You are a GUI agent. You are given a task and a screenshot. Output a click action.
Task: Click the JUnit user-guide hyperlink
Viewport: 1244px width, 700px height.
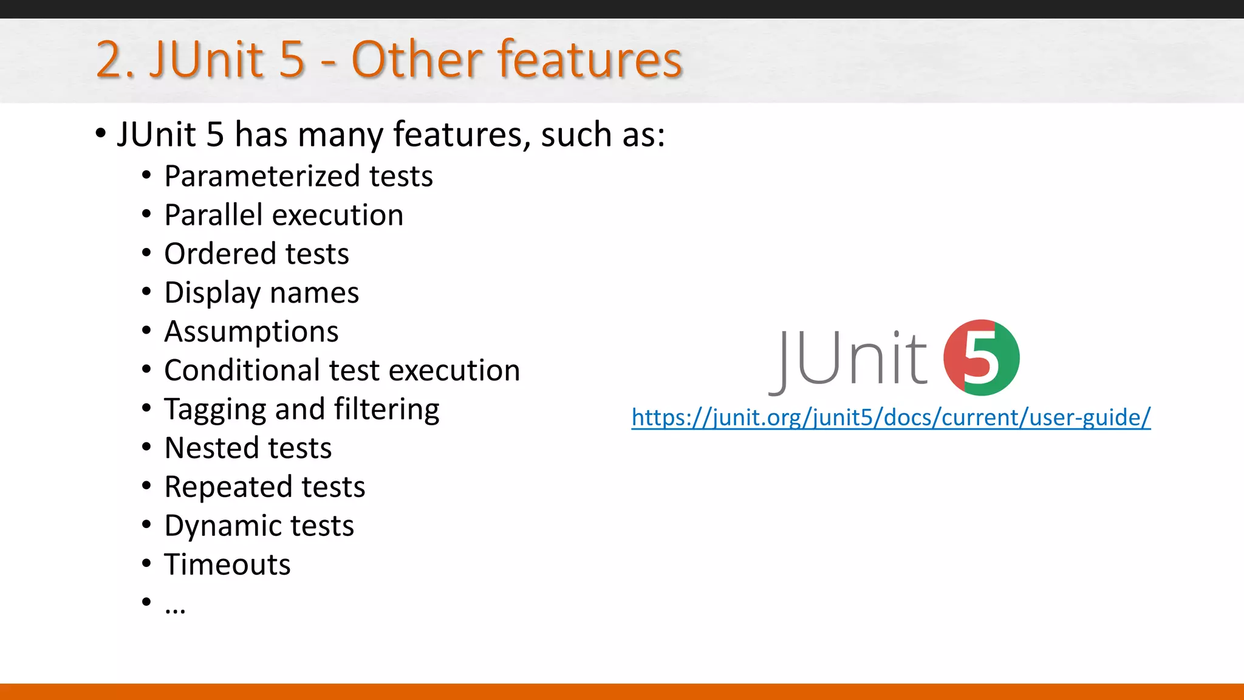tap(890, 418)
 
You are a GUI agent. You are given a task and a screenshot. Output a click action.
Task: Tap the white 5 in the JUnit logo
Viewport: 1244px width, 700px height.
tap(980, 359)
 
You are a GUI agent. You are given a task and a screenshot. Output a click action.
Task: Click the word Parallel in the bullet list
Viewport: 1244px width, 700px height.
tap(213, 215)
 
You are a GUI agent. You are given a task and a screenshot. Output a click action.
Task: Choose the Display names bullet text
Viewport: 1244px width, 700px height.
tap(261, 293)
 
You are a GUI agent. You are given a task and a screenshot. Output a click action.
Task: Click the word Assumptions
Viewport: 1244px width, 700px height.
tap(251, 332)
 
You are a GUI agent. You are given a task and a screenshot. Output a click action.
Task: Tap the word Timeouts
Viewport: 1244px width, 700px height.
tap(227, 564)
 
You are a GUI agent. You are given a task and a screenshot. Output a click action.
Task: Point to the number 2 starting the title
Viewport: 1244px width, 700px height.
tap(109, 61)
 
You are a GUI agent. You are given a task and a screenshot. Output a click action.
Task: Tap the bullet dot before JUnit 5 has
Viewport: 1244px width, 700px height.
tap(101, 133)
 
